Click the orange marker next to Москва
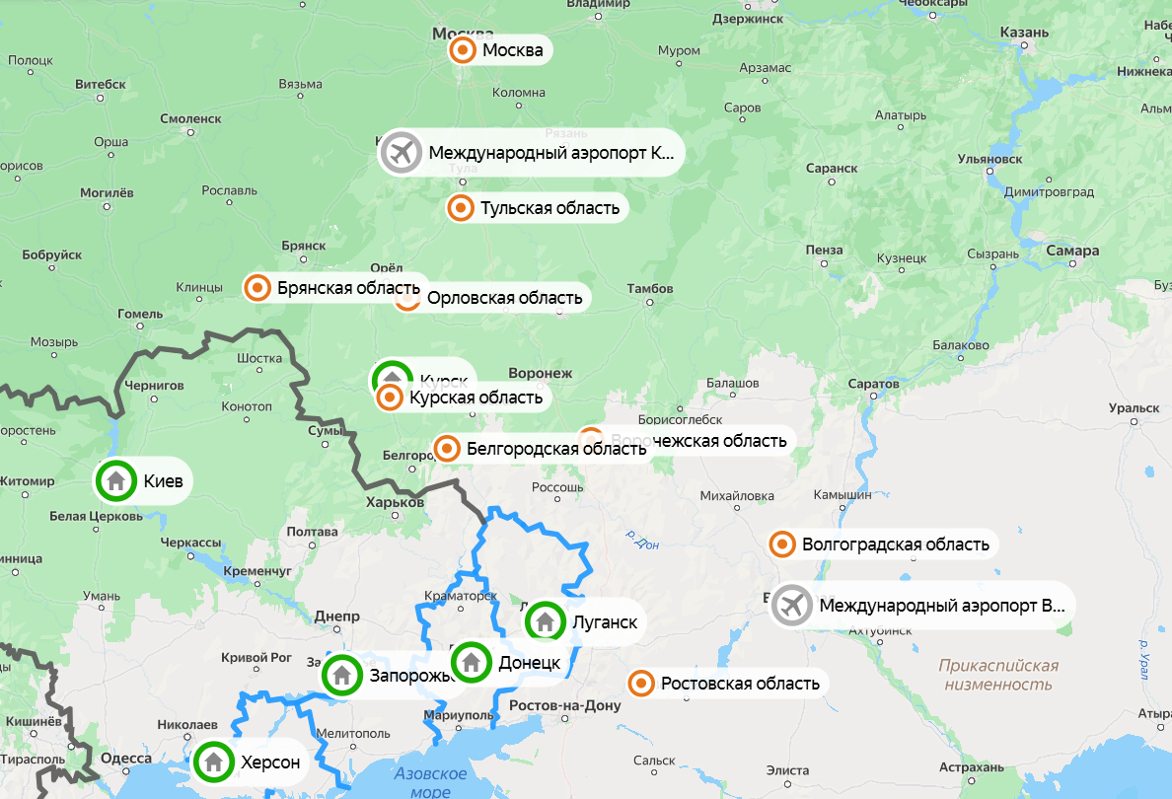pyautogui.click(x=461, y=50)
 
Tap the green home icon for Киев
pyautogui.click(x=116, y=481)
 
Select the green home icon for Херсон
pyautogui.click(x=213, y=762)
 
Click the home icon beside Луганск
pyautogui.click(x=545, y=622)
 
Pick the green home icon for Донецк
pyautogui.click(x=472, y=662)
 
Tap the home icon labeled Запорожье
pyautogui.click(x=341, y=676)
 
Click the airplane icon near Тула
pyautogui.click(x=401, y=153)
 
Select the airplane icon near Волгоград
pyautogui.click(x=791, y=606)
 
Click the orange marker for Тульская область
pyautogui.click(x=460, y=208)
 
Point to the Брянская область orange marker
pyautogui.click(x=257, y=288)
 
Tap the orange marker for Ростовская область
pyautogui.click(x=641, y=683)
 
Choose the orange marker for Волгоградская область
pyautogui.click(x=782, y=544)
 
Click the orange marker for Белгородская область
pyautogui.click(x=447, y=449)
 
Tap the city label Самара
pyautogui.click(x=1071, y=251)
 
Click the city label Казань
pyautogui.click(x=1024, y=33)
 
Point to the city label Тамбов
pyautogui.click(x=650, y=289)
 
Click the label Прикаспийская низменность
pyautogui.click(x=998, y=675)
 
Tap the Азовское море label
pyautogui.click(x=430, y=782)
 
